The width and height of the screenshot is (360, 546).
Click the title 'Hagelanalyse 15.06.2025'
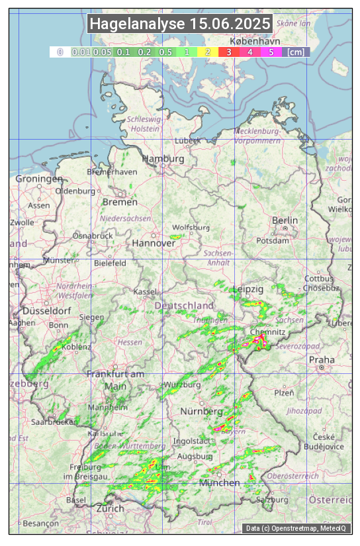pos(180,24)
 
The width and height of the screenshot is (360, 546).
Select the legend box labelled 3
pos(229,52)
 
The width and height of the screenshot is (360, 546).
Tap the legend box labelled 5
pos(271,52)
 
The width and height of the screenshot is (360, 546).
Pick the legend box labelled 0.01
pos(80,52)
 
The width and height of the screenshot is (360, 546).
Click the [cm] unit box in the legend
pos(296,52)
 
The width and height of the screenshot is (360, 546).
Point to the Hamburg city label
pos(163,159)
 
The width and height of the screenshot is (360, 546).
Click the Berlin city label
pos(285,220)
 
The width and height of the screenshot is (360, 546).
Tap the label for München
pos(219,482)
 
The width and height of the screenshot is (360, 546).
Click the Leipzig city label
pos(249,289)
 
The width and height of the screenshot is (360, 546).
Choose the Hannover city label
pos(154,243)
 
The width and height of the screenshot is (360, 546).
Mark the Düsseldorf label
pos(46,310)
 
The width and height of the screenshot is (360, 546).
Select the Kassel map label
pos(144,292)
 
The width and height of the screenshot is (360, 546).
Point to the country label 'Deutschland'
pos(184,305)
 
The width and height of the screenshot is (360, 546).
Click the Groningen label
pos(39,179)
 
